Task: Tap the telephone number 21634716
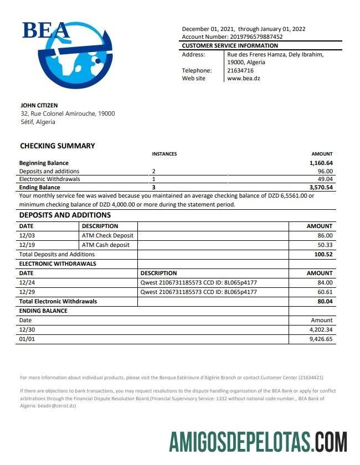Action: (240, 70)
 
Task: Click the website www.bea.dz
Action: (244, 79)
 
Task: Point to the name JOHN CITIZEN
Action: (39, 105)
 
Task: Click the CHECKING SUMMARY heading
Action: (58, 146)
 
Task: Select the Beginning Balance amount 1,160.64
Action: (321, 163)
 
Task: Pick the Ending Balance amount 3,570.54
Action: (321, 188)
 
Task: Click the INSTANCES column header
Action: (164, 154)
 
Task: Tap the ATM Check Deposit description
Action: (107, 235)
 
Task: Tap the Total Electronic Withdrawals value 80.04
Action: (323, 301)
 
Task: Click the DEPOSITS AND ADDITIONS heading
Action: (65, 215)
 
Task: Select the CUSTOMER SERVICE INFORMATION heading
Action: (230, 45)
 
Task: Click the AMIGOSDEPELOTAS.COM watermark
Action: (258, 443)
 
